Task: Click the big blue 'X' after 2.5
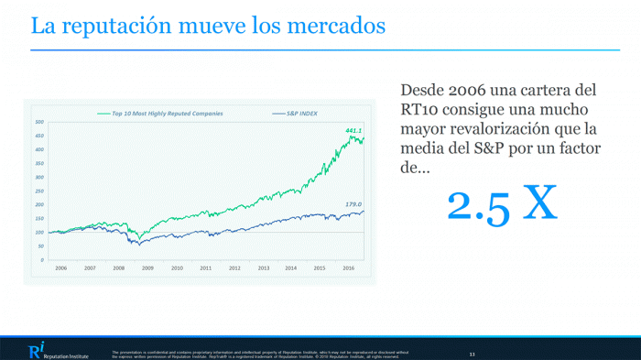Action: [x=538, y=204]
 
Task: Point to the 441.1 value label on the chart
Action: [x=353, y=130]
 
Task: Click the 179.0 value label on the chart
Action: [x=353, y=204]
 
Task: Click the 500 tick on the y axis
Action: [x=39, y=122]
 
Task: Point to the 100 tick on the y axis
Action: [x=39, y=232]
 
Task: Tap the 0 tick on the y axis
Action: [x=41, y=259]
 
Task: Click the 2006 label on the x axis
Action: [x=60, y=268]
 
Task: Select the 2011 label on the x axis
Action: [x=205, y=268]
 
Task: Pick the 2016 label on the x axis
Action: [x=349, y=268]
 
